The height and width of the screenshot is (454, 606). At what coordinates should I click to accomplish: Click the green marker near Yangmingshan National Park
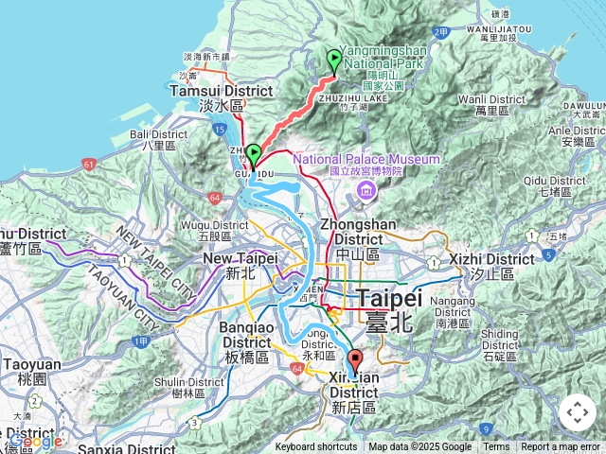(x=334, y=61)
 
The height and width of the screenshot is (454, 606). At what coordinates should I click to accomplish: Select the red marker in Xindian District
(x=355, y=361)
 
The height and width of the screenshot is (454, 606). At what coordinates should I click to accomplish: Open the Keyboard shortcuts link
(x=316, y=447)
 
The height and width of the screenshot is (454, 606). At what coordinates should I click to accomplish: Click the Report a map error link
(x=561, y=447)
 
